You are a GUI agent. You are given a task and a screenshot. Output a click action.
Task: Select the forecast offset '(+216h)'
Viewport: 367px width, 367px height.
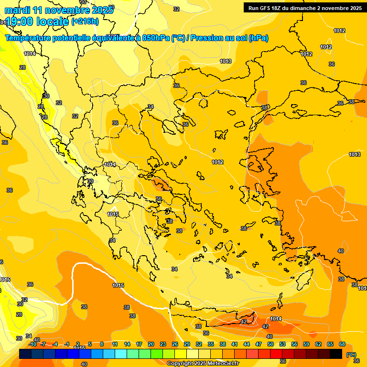[x=85, y=22]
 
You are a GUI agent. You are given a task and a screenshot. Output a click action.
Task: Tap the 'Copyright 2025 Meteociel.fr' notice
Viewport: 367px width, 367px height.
[x=203, y=363]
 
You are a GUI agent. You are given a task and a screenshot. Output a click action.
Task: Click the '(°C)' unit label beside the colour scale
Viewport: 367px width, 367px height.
[x=351, y=355]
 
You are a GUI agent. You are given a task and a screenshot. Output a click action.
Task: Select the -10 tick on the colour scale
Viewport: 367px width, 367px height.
[x=32, y=344]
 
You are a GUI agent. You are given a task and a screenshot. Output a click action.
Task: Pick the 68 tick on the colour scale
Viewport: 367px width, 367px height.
[x=342, y=344]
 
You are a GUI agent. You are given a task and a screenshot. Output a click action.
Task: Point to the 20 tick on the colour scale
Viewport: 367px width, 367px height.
[x=151, y=344]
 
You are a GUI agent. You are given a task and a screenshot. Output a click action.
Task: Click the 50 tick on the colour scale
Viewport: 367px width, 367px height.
[x=270, y=344]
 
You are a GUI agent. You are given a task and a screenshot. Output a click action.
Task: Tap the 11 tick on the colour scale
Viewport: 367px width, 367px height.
[x=115, y=344]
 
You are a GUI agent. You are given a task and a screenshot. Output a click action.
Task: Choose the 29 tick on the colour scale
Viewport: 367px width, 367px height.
[x=187, y=344]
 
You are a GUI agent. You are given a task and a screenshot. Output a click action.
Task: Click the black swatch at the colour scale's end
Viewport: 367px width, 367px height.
[x=336, y=354]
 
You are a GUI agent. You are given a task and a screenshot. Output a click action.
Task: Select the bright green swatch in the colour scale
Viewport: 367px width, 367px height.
[x=157, y=354]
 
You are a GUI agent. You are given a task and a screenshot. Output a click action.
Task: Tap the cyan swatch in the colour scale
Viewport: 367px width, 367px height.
[x=121, y=354]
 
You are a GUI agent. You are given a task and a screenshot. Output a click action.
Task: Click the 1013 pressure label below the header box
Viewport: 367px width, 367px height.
[x=226, y=61]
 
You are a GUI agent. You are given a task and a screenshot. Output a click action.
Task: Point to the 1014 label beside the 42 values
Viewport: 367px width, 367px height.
[x=276, y=319]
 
